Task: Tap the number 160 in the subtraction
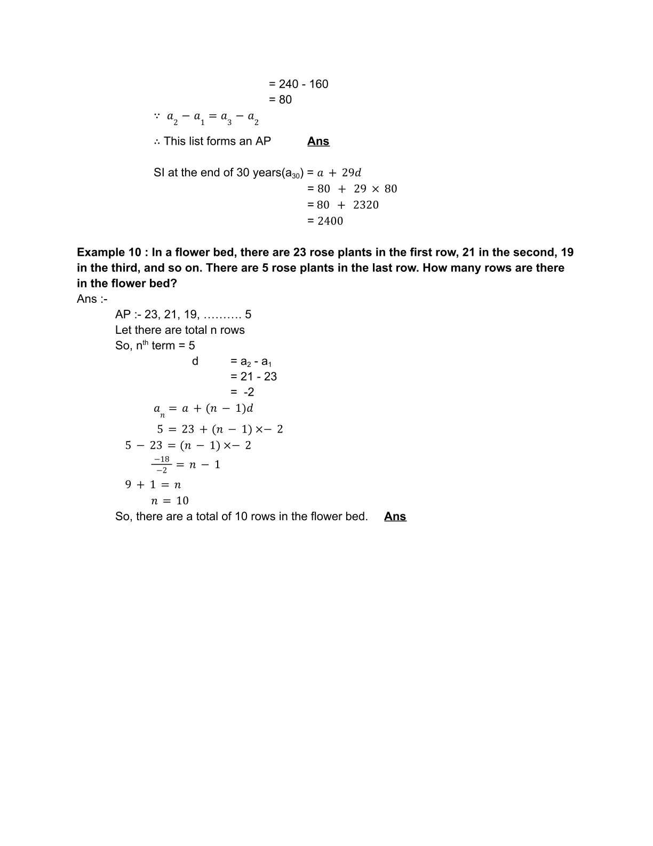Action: [318, 84]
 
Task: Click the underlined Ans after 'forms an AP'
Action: [318, 141]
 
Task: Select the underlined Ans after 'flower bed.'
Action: [395, 516]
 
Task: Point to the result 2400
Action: [330, 221]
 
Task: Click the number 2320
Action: [365, 205]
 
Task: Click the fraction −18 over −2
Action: [161, 465]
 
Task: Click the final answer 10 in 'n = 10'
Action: [182, 501]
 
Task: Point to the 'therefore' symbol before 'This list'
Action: [157, 142]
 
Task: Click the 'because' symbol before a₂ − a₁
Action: [157, 115]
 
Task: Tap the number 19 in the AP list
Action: [191, 314]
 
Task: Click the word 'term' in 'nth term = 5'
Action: [163, 346]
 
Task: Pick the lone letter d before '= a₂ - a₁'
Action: [195, 361]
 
